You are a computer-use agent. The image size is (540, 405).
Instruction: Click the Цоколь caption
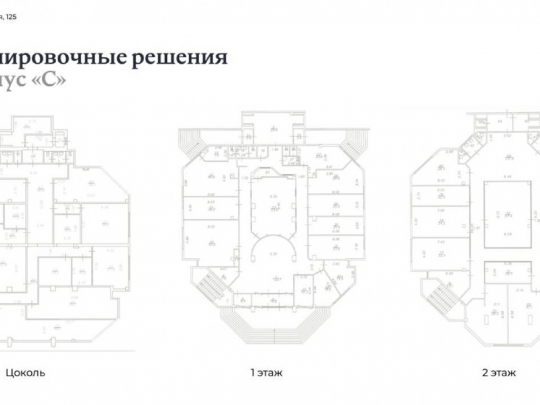point(25,373)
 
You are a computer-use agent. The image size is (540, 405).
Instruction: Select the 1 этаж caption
point(266,373)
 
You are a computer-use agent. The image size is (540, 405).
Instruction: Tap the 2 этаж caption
point(499,373)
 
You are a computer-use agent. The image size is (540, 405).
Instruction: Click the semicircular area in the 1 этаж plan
point(274,253)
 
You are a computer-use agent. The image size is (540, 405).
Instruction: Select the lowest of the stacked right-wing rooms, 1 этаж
point(335,247)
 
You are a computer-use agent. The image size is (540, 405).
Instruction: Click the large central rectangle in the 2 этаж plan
point(507,214)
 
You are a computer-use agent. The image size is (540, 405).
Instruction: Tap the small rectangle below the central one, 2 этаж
point(507,273)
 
